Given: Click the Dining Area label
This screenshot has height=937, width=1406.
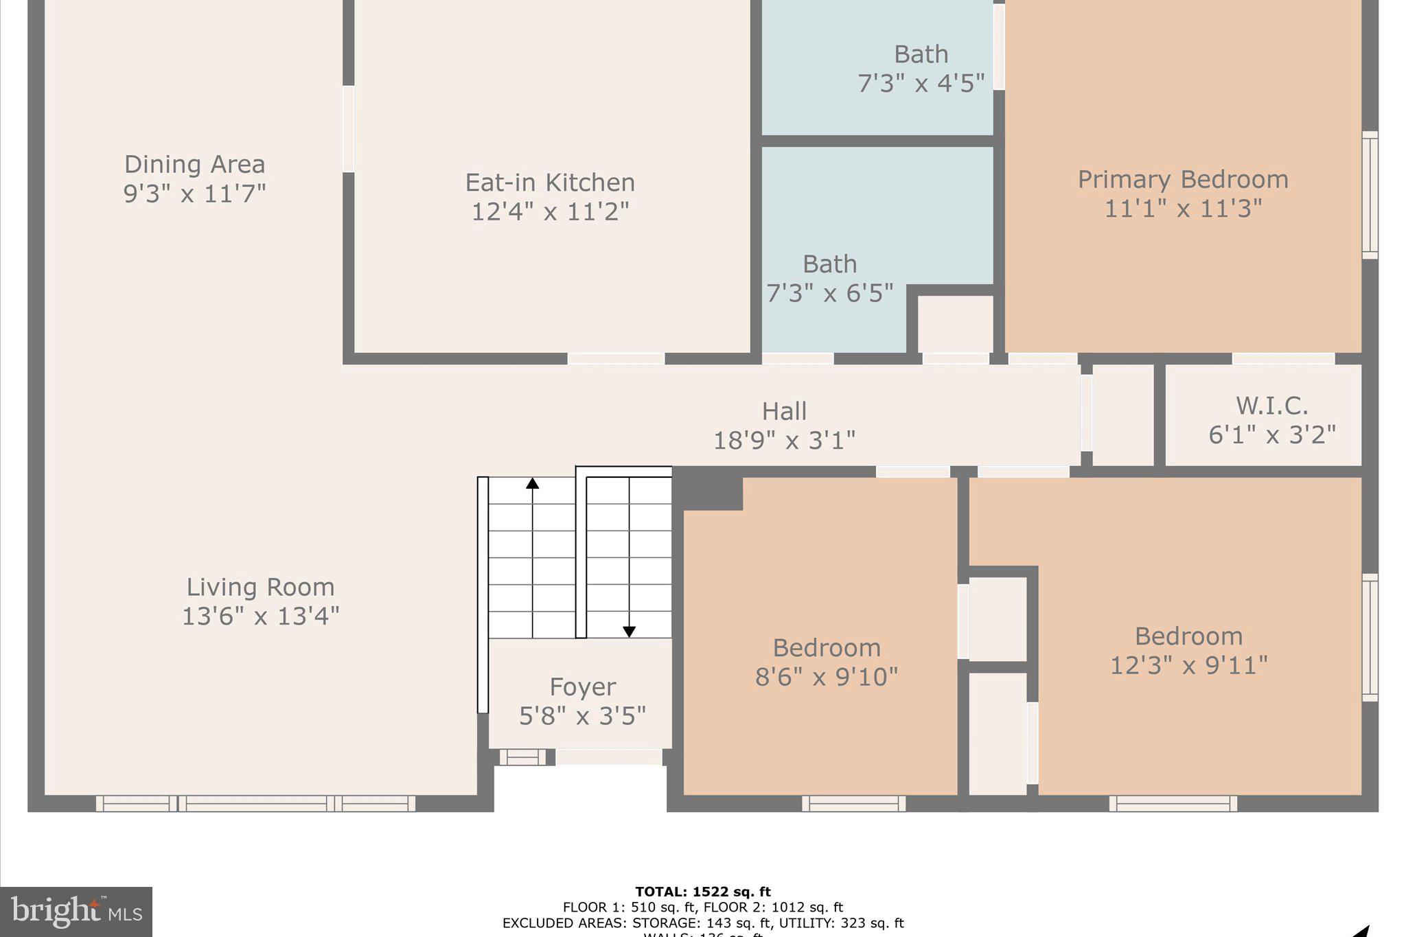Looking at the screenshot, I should (194, 165).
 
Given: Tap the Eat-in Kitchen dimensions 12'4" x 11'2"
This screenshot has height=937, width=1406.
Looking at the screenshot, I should (550, 211).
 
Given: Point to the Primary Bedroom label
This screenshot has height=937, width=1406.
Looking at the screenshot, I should (1182, 180).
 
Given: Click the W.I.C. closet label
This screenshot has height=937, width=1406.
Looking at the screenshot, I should (1271, 406).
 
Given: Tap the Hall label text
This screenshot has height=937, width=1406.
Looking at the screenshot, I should (784, 411).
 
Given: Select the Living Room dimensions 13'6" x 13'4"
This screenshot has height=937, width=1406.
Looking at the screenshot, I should (260, 616).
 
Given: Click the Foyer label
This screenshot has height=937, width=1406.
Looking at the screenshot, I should (582, 687).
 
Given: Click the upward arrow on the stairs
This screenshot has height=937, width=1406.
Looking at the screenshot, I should (532, 483).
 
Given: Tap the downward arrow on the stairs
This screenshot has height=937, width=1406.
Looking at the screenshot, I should (629, 631).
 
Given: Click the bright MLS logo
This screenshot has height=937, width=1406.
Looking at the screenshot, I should (76, 912).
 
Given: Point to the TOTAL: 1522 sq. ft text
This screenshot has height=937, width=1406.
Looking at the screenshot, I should (702, 892).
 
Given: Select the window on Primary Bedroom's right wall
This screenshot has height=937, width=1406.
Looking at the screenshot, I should (1370, 195).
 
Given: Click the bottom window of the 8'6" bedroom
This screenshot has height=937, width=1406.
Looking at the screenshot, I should (853, 803).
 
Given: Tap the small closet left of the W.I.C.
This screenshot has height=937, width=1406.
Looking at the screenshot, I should (1122, 415).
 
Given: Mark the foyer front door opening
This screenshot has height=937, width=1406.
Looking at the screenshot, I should (608, 757).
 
